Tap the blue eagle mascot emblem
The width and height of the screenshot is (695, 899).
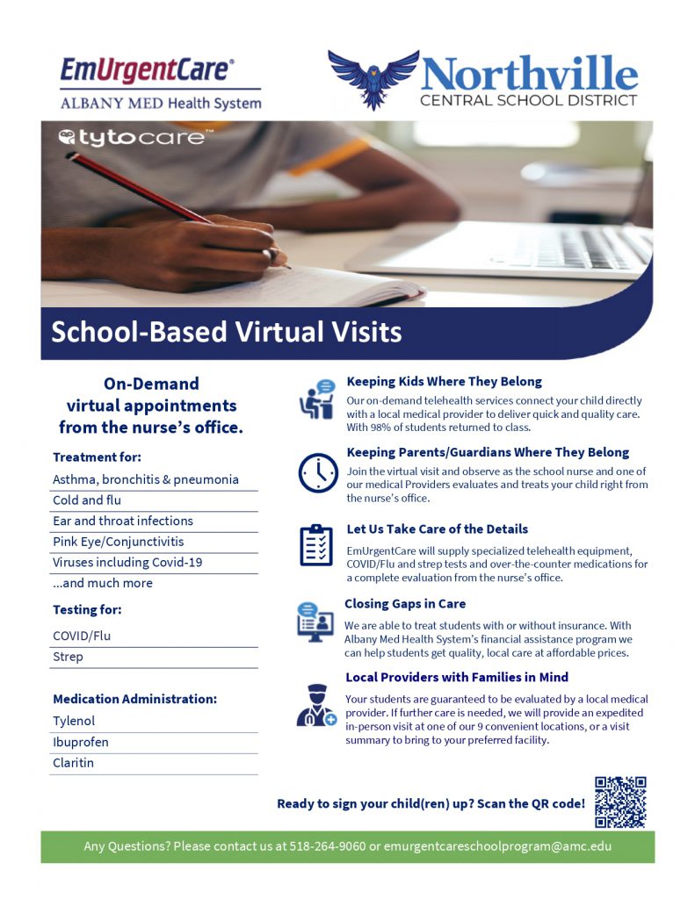pyautogui.click(x=373, y=77)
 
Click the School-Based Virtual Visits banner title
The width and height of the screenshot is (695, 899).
pyautogui.click(x=226, y=332)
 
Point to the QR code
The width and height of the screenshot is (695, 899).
pyautogui.click(x=620, y=802)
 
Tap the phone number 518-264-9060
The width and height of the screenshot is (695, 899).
pyautogui.click(x=328, y=847)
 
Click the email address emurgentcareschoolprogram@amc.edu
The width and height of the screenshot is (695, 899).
pyautogui.click(x=497, y=847)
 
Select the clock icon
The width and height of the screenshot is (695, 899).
pyautogui.click(x=317, y=473)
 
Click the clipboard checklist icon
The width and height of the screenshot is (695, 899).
pyautogui.click(x=316, y=545)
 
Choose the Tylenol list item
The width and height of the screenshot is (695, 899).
pyautogui.click(x=75, y=721)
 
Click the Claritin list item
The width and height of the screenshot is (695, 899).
pyautogui.click(x=73, y=763)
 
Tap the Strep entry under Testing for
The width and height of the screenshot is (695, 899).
pyautogui.click(x=68, y=657)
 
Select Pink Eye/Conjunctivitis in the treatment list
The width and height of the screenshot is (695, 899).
pyautogui.click(x=119, y=542)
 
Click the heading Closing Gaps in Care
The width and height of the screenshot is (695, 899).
pyautogui.click(x=405, y=604)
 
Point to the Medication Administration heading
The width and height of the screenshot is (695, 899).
pyautogui.click(x=134, y=699)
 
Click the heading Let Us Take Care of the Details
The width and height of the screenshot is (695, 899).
pyautogui.click(x=438, y=529)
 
